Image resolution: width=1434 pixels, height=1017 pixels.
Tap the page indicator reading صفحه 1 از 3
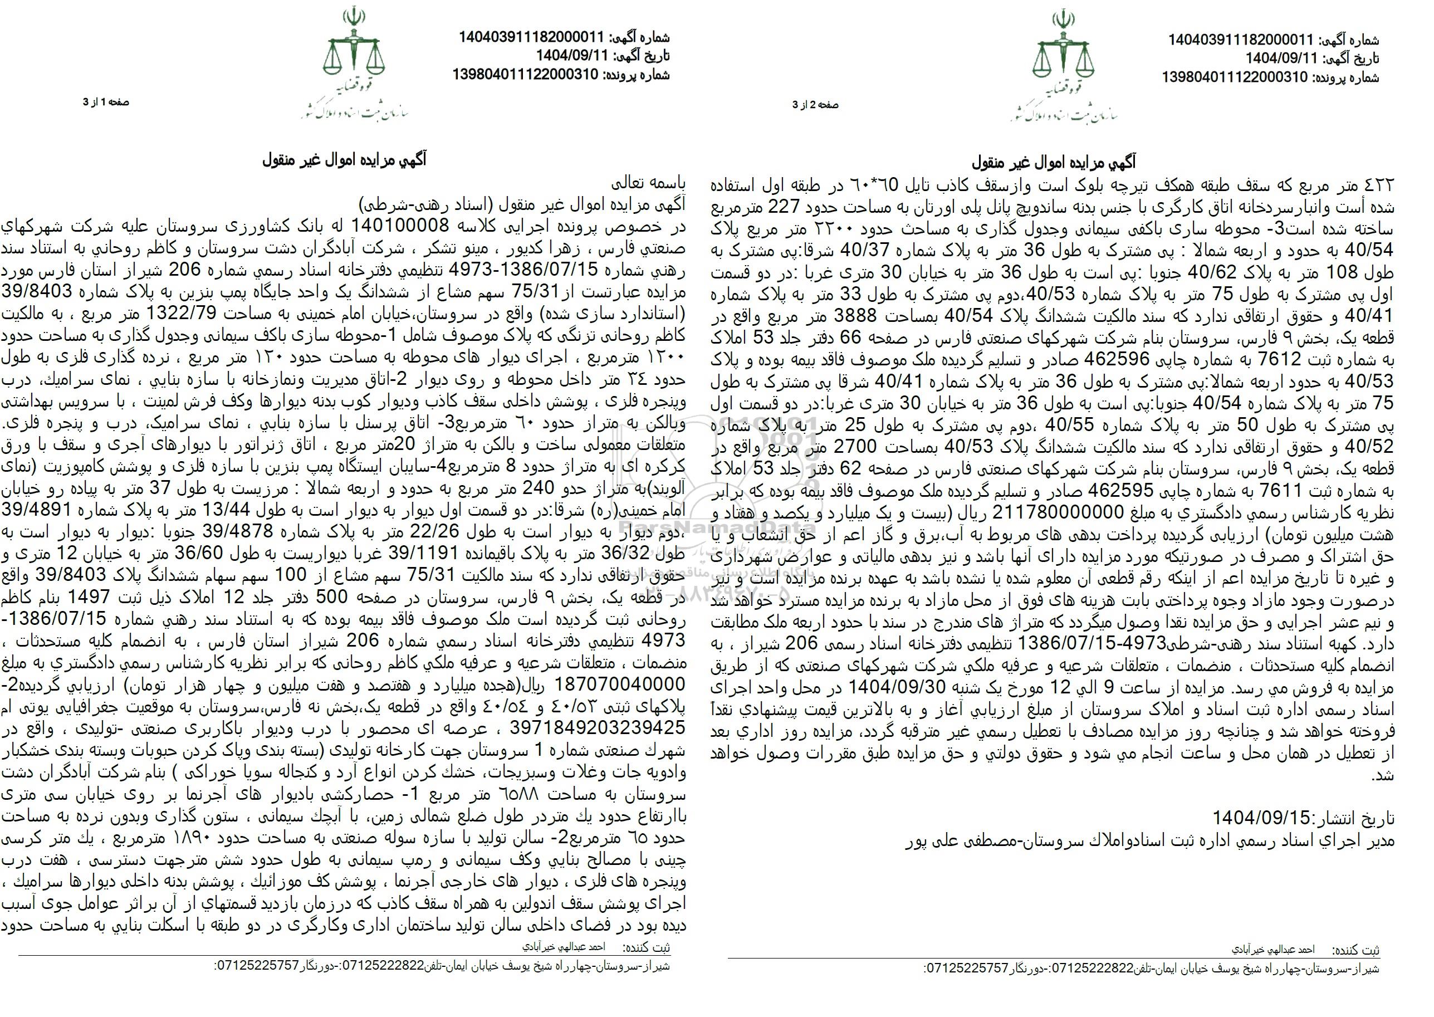pyautogui.click(x=106, y=102)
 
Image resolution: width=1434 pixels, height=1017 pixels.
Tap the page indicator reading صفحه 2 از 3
pyautogui.click(x=816, y=105)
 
